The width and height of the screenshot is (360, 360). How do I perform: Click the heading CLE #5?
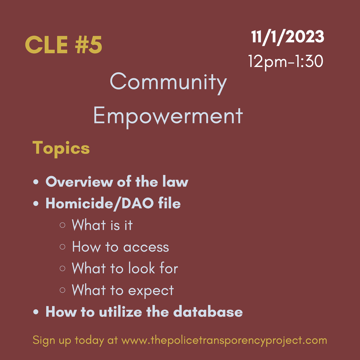click(63, 45)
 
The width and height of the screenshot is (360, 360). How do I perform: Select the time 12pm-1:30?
click(285, 61)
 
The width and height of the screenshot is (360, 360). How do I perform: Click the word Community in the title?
click(168, 82)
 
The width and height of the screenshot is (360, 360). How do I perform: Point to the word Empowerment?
click(168, 116)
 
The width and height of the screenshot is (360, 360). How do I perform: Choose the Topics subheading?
click(61, 148)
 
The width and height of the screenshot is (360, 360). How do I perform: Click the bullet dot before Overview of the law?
click(36, 183)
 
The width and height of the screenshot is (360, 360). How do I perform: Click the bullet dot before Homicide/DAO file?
click(36, 204)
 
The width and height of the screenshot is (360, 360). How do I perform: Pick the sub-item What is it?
click(102, 225)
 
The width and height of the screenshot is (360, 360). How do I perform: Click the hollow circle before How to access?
click(62, 247)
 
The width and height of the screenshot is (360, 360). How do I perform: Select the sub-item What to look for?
click(125, 269)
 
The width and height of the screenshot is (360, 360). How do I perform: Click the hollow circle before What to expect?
click(62, 290)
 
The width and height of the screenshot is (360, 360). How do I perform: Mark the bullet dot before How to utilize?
click(36, 312)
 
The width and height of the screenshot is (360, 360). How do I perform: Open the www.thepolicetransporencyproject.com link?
click(224, 340)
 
